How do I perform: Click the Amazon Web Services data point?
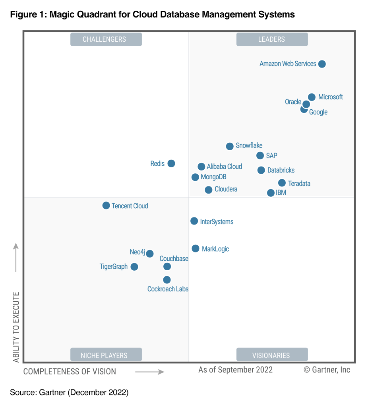tap(322, 64)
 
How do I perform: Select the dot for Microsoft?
tap(312, 97)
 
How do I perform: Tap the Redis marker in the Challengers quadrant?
tap(171, 163)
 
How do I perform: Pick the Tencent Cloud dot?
tap(106, 205)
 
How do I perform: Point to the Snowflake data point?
tap(230, 146)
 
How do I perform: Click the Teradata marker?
tap(282, 183)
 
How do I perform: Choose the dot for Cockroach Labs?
tap(167, 280)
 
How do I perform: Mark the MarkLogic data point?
tap(196, 248)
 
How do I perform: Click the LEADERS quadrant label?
tap(272, 39)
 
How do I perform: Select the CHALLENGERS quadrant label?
tap(106, 39)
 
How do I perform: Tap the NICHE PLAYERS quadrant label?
tap(106, 355)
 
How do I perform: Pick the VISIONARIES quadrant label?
tap(272, 355)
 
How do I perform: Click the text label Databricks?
tap(281, 170)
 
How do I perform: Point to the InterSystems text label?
tap(217, 222)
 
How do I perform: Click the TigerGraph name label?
tap(114, 267)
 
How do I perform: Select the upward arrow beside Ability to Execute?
tap(16, 257)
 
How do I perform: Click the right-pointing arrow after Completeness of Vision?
tap(149, 372)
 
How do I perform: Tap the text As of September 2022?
tap(235, 370)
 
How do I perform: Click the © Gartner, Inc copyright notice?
tap(327, 370)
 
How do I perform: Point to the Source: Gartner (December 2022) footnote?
tap(69, 393)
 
